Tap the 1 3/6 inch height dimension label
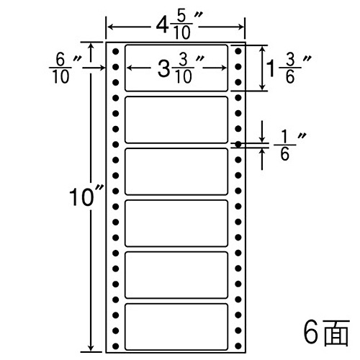click(289, 69)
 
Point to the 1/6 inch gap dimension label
click(290, 146)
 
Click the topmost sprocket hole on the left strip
click(116, 51)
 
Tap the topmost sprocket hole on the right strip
click(238, 51)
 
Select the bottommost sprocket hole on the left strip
click(116, 346)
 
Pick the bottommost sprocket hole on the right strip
click(238, 346)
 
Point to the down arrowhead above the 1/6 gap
click(262, 138)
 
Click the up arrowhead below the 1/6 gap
click(262, 152)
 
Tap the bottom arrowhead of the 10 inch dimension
click(91, 348)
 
